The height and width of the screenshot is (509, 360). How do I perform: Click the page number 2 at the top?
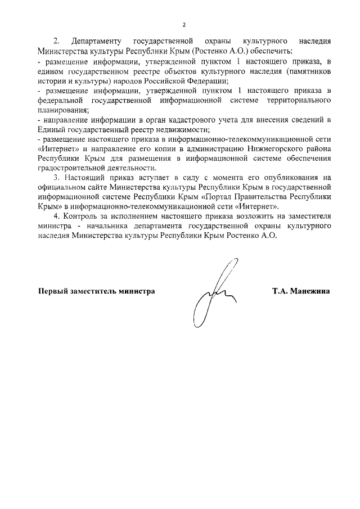(183, 25)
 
